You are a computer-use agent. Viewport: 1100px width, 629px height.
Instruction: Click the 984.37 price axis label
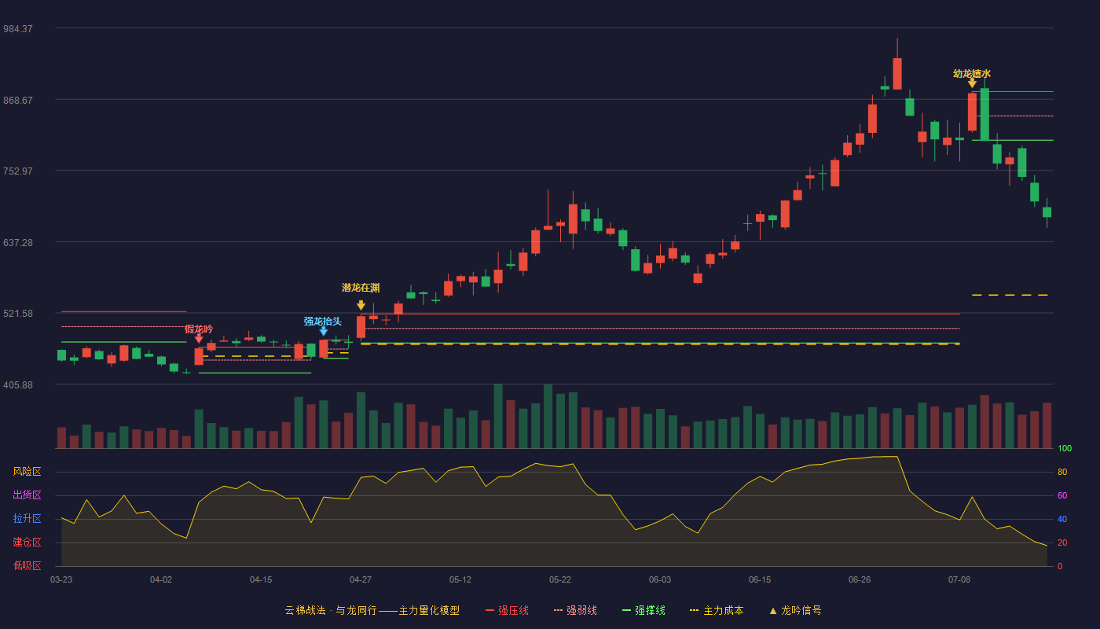pyautogui.click(x=18, y=29)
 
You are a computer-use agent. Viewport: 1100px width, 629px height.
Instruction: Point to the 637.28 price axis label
pyautogui.click(x=18, y=243)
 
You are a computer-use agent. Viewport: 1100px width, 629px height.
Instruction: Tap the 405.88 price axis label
pyautogui.click(x=18, y=384)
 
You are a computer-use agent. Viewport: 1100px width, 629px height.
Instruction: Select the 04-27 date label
pyautogui.click(x=361, y=580)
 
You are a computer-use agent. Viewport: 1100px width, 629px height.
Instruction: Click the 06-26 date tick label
pyautogui.click(x=860, y=580)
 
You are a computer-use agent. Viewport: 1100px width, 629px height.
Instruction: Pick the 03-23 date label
pyautogui.click(x=61, y=580)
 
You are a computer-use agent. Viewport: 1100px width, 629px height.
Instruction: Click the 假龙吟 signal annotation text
pyautogui.click(x=199, y=329)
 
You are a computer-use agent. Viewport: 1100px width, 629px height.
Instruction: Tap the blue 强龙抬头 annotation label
pyautogui.click(x=323, y=322)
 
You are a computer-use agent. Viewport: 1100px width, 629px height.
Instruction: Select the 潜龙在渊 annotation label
pyautogui.click(x=361, y=288)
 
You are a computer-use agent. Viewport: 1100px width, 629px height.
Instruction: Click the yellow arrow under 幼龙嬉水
pyautogui.click(x=972, y=83)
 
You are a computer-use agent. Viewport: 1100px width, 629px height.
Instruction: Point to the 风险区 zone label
pyautogui.click(x=27, y=471)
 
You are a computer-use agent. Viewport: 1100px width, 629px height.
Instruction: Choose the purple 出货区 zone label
pyautogui.click(x=27, y=495)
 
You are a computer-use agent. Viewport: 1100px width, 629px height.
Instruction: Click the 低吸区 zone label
pyautogui.click(x=27, y=565)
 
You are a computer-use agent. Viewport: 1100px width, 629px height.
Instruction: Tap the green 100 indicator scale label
pyautogui.click(x=1065, y=448)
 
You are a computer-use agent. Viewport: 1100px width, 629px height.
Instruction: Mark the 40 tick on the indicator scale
pyautogui.click(x=1062, y=519)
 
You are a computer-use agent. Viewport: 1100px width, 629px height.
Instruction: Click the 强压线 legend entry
pyautogui.click(x=507, y=610)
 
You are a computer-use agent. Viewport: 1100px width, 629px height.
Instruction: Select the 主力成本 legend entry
pyautogui.click(x=717, y=610)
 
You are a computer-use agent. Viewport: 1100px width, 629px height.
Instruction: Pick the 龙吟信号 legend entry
pyautogui.click(x=795, y=610)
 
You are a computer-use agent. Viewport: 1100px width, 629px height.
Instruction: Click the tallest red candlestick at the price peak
pyautogui.click(x=897, y=74)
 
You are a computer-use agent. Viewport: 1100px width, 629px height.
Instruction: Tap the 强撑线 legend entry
pyautogui.click(x=643, y=610)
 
